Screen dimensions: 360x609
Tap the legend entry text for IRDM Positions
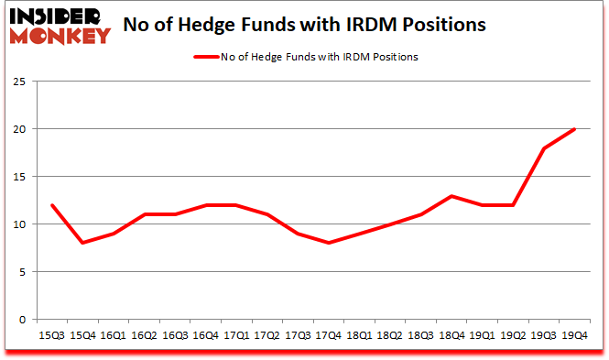319,57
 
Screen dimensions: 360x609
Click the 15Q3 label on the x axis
51,336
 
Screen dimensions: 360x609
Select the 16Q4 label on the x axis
205,336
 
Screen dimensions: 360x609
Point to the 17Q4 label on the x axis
329,336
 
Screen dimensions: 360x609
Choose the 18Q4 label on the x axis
451,336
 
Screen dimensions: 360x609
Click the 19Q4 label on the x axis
574,336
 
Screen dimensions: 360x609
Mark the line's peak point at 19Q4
574,129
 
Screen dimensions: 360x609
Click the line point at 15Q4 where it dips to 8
82,243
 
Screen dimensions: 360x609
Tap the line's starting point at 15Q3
51,205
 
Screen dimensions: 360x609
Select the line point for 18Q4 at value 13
451,196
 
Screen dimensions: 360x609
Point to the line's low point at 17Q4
329,243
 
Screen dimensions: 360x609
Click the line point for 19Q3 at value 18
544,148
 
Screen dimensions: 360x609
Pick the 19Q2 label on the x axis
513,336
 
